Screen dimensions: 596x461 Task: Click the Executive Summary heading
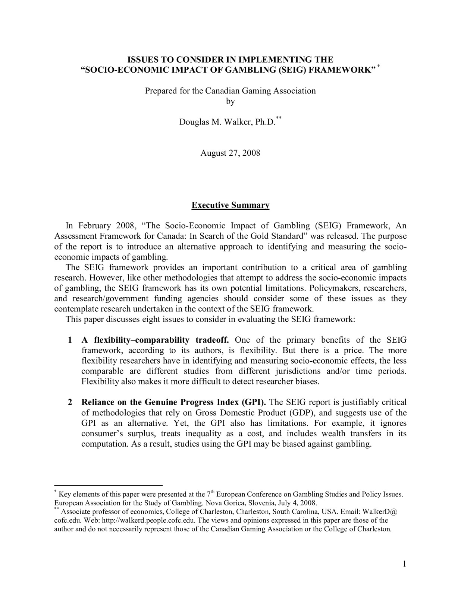[230, 205]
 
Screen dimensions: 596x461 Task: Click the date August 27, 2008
[230, 153]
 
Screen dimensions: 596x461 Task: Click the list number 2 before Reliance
[70, 402]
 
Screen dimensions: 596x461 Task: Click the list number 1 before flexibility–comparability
[70, 340]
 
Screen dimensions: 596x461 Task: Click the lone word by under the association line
[230, 101]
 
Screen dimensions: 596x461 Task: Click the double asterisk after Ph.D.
[279, 118]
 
